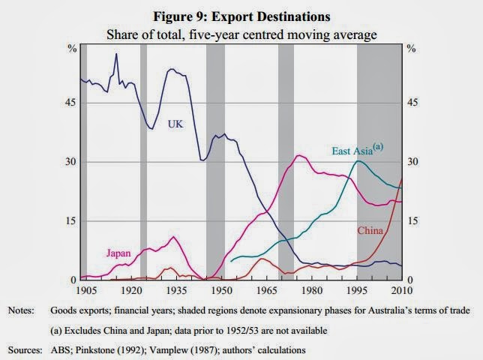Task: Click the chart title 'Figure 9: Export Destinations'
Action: pos(241,16)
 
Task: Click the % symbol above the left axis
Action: pos(72,49)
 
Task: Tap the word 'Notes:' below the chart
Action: pos(19,309)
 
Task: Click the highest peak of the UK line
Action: pos(116,54)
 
